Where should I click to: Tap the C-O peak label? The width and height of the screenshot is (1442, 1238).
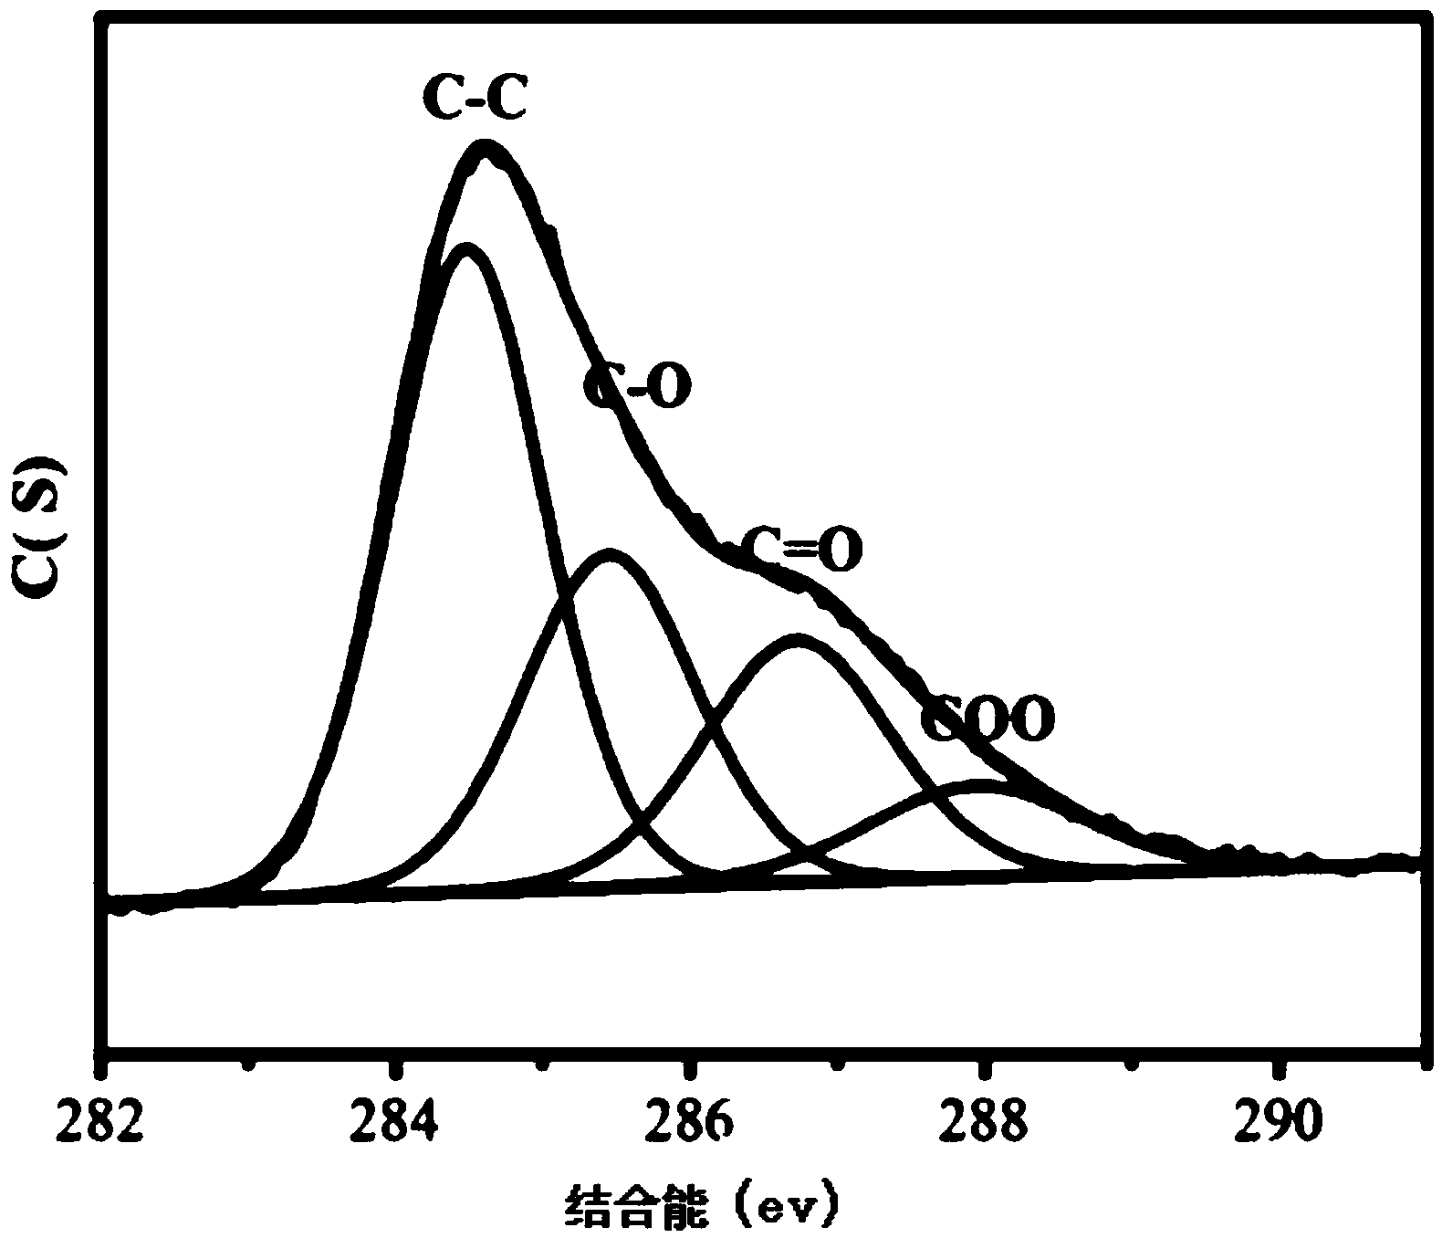coord(637,386)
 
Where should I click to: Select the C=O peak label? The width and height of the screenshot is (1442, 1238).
coord(800,550)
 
